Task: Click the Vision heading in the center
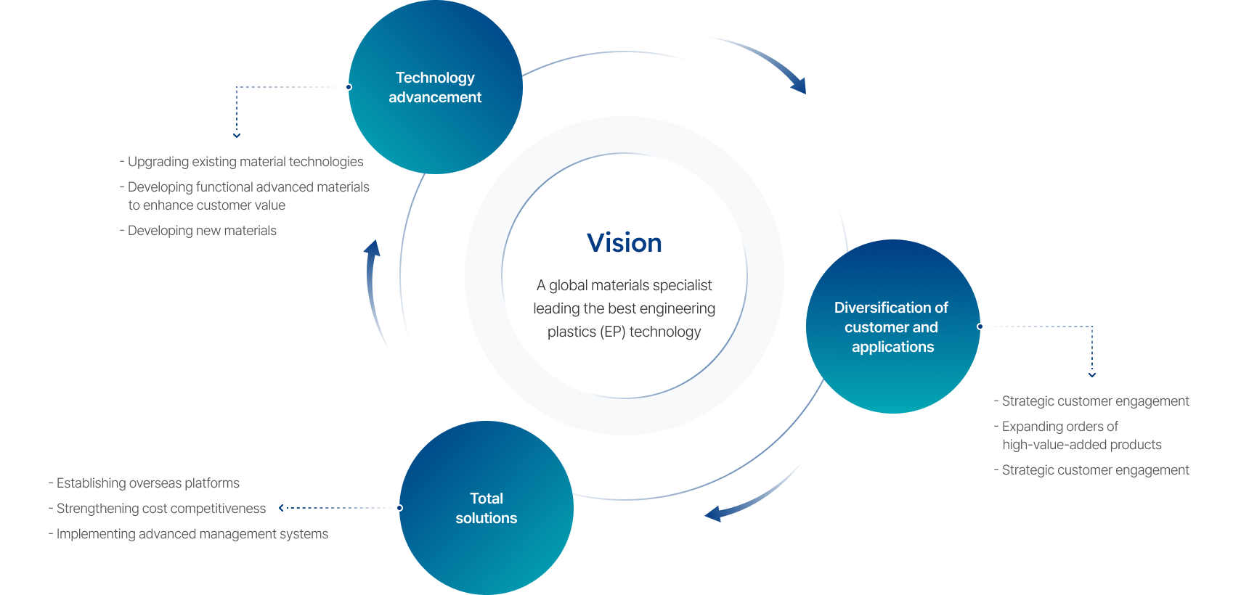coord(624,243)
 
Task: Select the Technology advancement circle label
coord(435,87)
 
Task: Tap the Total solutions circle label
coord(486,508)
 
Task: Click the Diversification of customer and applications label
coord(892,327)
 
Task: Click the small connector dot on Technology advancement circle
coord(349,87)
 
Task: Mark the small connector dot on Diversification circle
coord(980,327)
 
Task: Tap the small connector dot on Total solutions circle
coord(399,508)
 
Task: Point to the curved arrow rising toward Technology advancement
coord(375,290)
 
